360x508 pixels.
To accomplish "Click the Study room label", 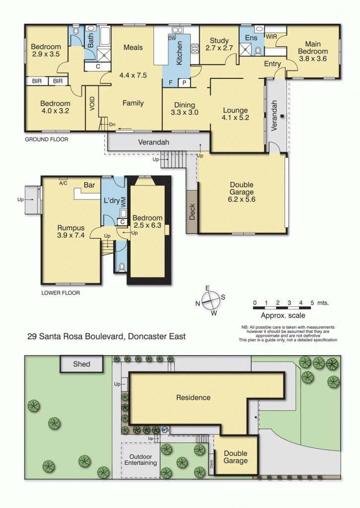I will [x=219, y=41].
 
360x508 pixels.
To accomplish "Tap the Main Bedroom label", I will [x=313, y=48].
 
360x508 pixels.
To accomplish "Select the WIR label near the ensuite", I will [x=272, y=37].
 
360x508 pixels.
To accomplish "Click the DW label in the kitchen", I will [x=172, y=38].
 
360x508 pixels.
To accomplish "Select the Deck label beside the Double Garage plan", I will [x=192, y=211].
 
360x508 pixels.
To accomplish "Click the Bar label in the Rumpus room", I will [x=89, y=185].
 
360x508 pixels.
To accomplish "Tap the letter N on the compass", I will [x=197, y=304].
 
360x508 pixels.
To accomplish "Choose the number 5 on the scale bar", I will [x=312, y=303].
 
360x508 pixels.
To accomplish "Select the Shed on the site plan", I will [x=81, y=364].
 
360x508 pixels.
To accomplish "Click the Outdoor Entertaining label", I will [x=143, y=459].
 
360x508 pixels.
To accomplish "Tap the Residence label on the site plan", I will [x=193, y=397].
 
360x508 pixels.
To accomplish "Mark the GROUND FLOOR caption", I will [x=46, y=140].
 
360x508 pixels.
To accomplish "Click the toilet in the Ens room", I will [x=258, y=50].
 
